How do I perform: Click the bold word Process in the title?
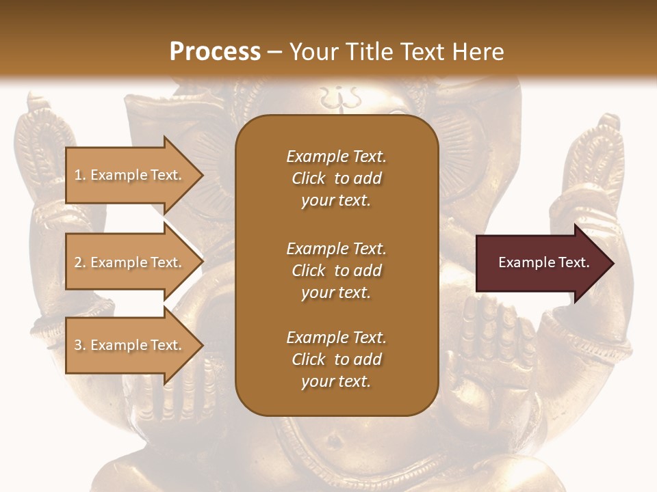[x=215, y=52]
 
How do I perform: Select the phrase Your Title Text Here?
[x=396, y=52]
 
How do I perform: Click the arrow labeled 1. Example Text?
[x=130, y=175]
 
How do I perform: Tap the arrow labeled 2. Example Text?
[x=130, y=262]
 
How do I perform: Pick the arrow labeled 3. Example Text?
[x=130, y=345]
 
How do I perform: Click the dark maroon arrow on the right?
[x=541, y=263]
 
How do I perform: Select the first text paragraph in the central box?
[x=336, y=178]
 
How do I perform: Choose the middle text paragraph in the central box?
[x=336, y=270]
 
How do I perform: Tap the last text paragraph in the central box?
[x=336, y=359]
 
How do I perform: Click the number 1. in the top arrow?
[x=80, y=175]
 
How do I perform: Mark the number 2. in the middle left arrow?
[x=80, y=262]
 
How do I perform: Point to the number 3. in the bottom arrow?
[x=80, y=345]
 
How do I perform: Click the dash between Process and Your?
[x=274, y=52]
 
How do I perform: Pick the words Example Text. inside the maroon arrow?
[x=543, y=262]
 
